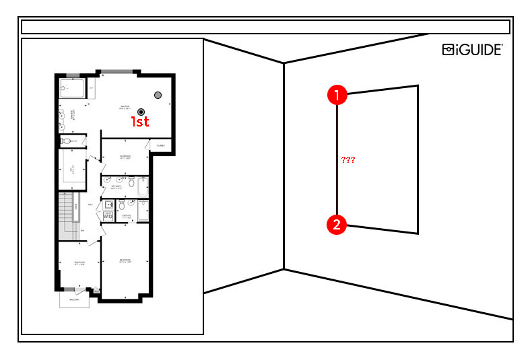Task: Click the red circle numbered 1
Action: coord(337,95)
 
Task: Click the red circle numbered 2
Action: coord(337,224)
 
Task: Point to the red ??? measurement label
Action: coord(348,160)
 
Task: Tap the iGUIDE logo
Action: coord(472,49)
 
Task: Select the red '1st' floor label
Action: coord(140,122)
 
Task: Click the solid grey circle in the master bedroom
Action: coord(158,96)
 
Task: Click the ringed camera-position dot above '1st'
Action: coord(141,111)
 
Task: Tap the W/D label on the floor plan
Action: coord(108,217)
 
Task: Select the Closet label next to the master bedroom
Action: coord(161,145)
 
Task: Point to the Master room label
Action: coord(125,106)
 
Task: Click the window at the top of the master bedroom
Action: coord(117,71)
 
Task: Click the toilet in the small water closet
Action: coord(66,141)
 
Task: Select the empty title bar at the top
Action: coord(265,27)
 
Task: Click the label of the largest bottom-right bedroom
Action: coord(125,260)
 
